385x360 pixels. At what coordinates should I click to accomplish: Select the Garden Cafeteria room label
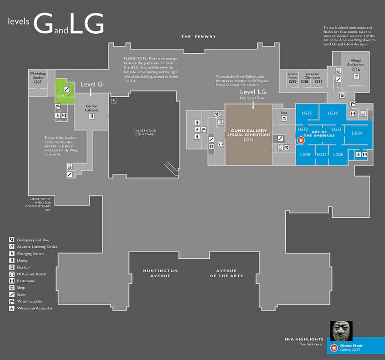(92, 108)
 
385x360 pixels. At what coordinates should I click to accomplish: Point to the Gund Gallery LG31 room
(248, 135)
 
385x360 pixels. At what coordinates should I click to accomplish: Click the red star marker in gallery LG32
(300, 141)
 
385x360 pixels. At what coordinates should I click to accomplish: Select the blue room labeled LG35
(306, 113)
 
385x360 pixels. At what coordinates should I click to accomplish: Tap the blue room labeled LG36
(332, 113)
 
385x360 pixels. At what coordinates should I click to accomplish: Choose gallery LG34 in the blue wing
(357, 133)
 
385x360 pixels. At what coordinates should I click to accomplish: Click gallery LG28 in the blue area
(305, 155)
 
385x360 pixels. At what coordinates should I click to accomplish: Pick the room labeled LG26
(338, 155)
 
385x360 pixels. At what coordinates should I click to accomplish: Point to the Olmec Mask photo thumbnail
(340, 332)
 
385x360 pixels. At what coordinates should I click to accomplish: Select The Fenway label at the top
(198, 36)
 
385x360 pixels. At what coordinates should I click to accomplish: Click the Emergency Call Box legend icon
(11, 240)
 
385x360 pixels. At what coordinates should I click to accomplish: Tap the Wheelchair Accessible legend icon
(11, 308)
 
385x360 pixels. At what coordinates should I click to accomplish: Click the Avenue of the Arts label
(226, 273)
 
